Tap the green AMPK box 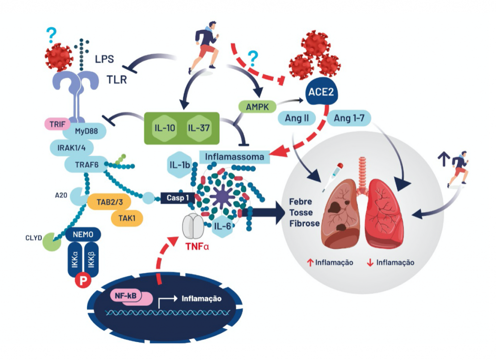point(257,106)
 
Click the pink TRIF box point(58,124)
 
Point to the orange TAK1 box point(126,218)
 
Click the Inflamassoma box point(234,157)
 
